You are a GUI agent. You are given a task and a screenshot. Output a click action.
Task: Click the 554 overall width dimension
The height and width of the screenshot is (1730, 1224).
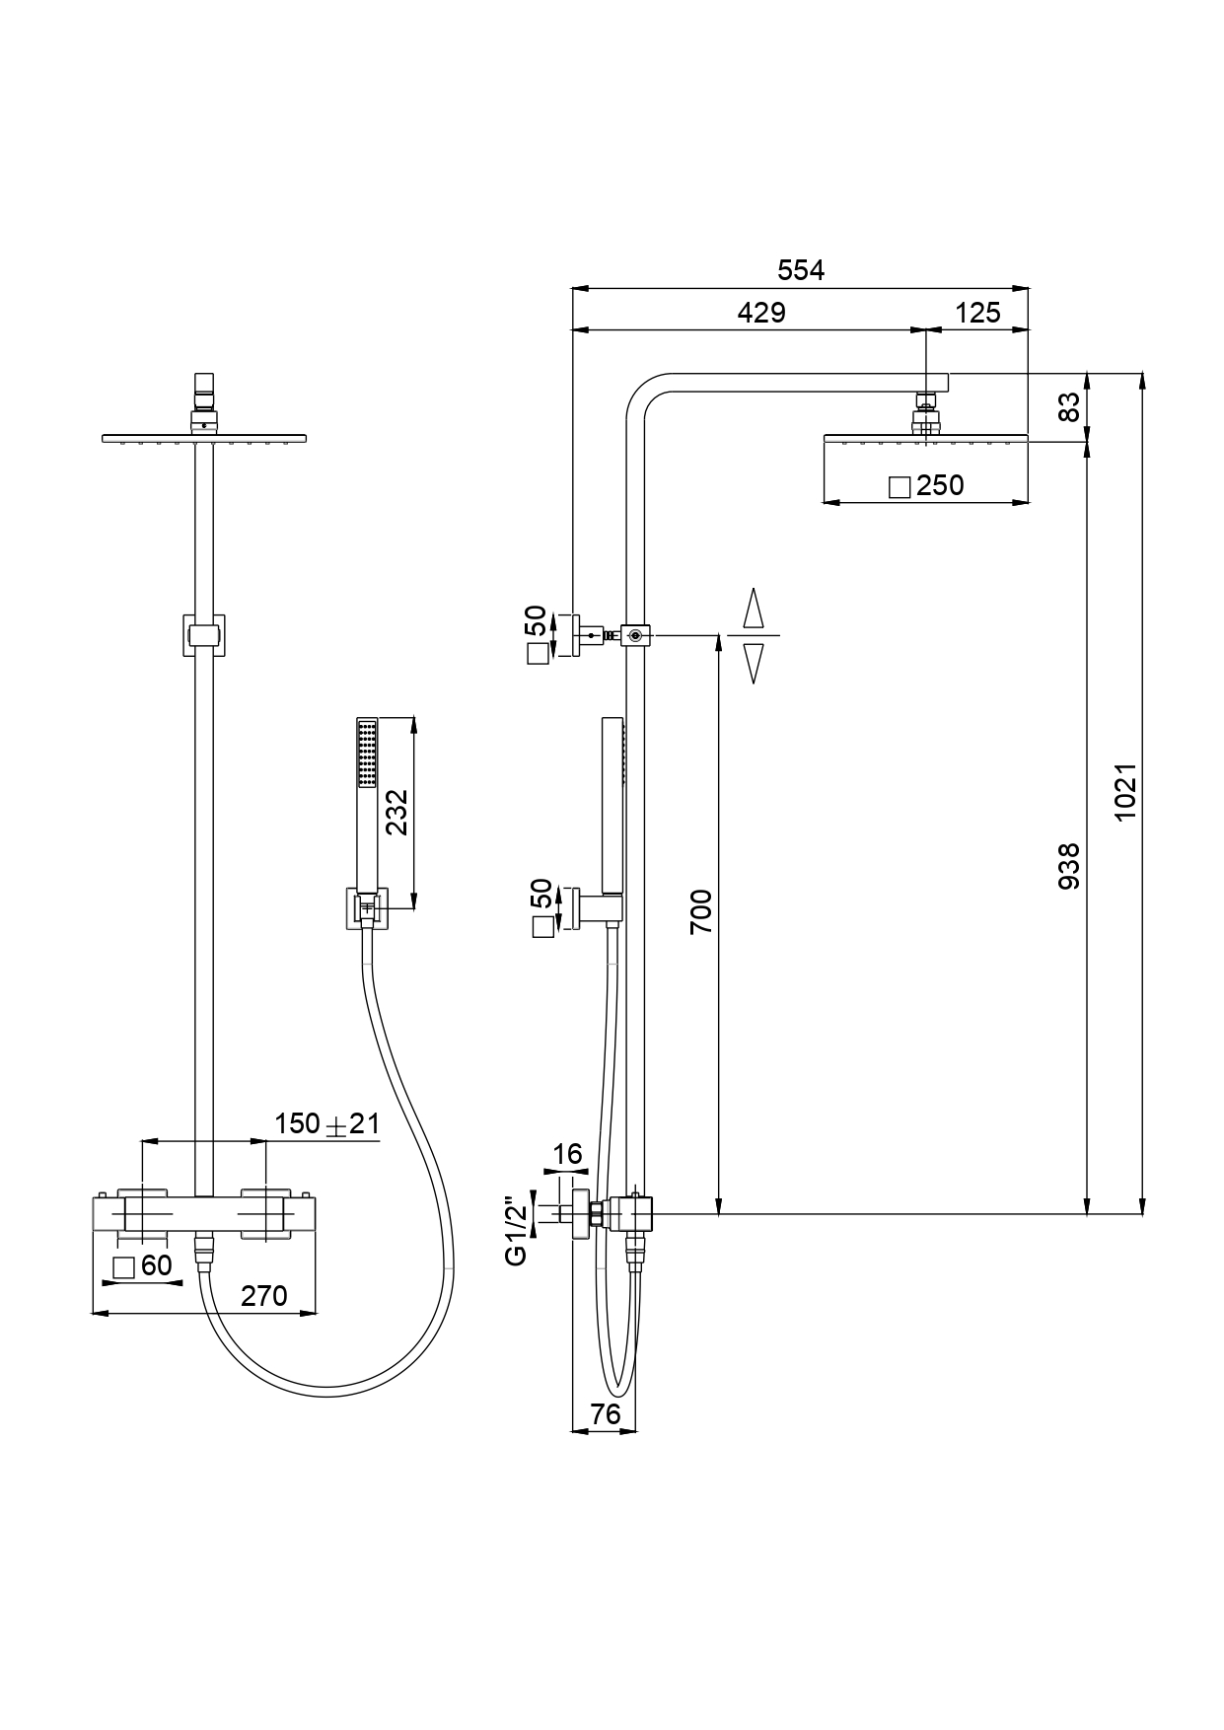[x=800, y=270]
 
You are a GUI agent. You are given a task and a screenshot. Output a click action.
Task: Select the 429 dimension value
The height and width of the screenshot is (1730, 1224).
[x=761, y=313]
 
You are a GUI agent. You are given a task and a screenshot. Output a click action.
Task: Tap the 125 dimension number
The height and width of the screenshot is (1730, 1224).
[x=977, y=313]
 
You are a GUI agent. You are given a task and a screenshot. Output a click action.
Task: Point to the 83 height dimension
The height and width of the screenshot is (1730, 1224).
[x=1069, y=407]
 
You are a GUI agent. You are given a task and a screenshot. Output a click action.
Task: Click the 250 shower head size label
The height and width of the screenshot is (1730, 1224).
[x=940, y=485]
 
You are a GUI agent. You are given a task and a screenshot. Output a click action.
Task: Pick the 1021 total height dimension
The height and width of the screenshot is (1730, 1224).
[x=1125, y=790]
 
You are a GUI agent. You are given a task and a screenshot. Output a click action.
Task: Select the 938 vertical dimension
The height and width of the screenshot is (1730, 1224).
[x=1069, y=866]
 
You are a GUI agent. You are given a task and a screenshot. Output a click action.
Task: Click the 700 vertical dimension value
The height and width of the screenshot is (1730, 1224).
[x=700, y=911]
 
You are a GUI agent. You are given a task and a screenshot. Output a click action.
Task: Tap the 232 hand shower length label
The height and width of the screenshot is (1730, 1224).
[x=396, y=812]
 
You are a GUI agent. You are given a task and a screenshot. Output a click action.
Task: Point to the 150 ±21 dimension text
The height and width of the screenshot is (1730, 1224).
[x=326, y=1123]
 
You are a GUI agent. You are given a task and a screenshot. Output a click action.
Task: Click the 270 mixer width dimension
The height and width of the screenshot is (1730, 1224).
[x=264, y=1295]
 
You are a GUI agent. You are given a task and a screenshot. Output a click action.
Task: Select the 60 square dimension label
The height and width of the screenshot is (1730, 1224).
[x=156, y=1265]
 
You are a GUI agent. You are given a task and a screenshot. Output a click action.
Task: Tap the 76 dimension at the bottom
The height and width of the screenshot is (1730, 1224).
[x=605, y=1413]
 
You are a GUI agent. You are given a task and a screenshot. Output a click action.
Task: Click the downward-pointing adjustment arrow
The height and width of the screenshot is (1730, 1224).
[x=754, y=663]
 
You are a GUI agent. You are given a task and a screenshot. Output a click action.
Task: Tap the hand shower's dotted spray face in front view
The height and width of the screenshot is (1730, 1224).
[x=368, y=755]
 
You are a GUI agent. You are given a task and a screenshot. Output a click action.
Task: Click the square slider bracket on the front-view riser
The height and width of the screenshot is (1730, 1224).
[x=204, y=634]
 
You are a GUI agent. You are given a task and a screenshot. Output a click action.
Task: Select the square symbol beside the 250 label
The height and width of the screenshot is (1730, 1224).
[x=899, y=486]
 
